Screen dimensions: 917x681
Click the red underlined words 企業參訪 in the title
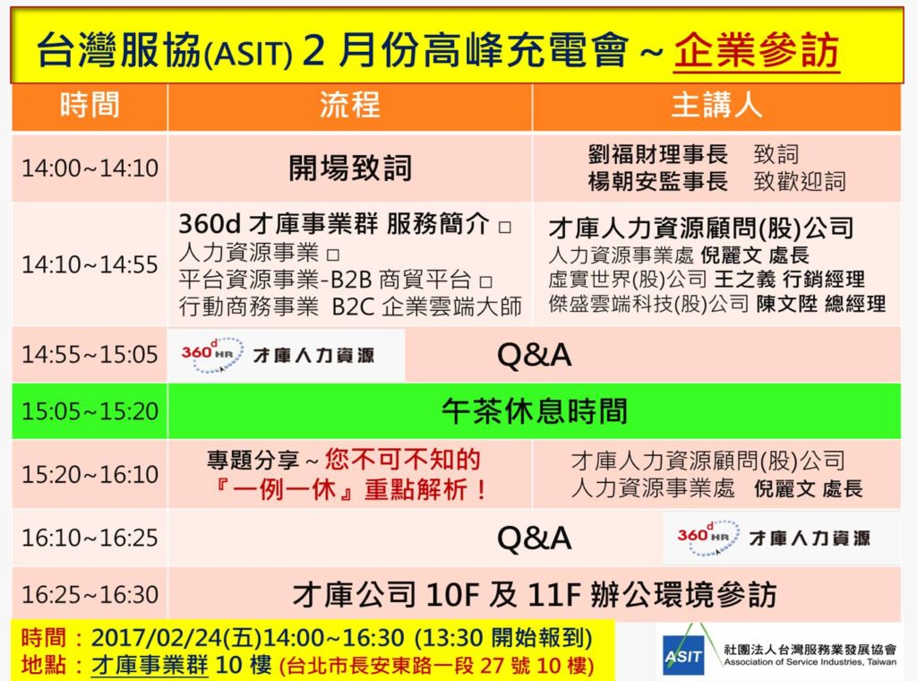pyautogui.click(x=757, y=50)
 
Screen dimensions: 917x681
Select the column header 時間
pyautogui.click(x=90, y=106)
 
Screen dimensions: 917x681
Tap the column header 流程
pyautogui.click(x=350, y=106)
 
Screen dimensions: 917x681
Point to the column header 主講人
pyautogui.click(x=716, y=106)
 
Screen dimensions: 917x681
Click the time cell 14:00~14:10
pyautogui.click(x=90, y=168)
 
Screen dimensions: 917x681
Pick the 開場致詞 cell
pyautogui.click(x=350, y=168)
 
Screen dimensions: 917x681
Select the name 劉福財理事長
pyautogui.click(x=658, y=154)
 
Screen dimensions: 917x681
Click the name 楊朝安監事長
pyautogui.click(x=658, y=181)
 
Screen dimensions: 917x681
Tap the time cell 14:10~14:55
pyautogui.click(x=90, y=265)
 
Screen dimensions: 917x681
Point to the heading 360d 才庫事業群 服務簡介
pyautogui.click(x=334, y=223)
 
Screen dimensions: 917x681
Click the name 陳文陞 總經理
pyautogui.click(x=821, y=305)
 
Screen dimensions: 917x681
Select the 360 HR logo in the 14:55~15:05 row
pyautogui.click(x=211, y=355)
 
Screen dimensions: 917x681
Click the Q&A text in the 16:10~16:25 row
pyautogui.click(x=534, y=539)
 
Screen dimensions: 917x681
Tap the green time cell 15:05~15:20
pyautogui.click(x=90, y=411)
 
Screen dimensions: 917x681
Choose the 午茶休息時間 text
pyautogui.click(x=535, y=411)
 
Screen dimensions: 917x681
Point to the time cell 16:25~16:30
pyautogui.click(x=90, y=595)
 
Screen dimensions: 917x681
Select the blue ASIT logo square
pyautogui.click(x=683, y=656)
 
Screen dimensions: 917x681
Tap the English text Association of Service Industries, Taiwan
pyautogui.click(x=810, y=662)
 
